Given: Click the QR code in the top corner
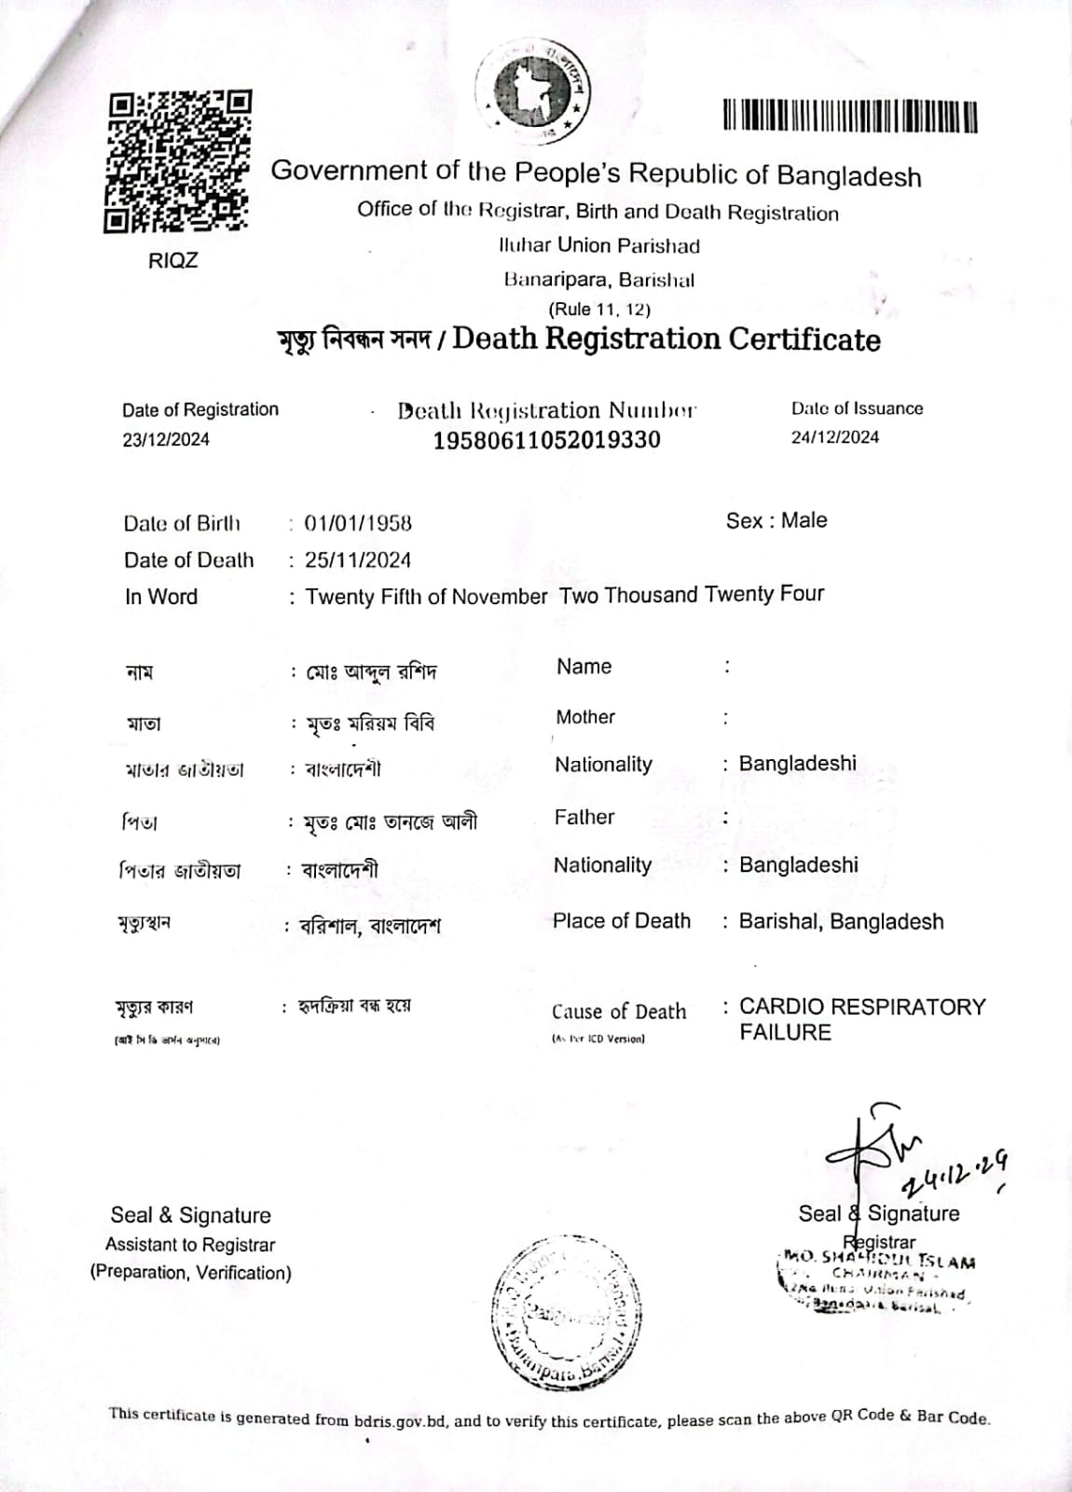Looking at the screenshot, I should point(177,161).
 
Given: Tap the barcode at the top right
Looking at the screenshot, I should point(850,116).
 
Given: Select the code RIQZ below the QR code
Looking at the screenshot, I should point(173,260).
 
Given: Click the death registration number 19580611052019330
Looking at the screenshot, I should point(546,440).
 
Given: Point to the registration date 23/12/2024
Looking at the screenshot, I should point(166,439).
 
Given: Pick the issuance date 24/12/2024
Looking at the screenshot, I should point(834,437).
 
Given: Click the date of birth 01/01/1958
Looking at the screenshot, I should point(358,523).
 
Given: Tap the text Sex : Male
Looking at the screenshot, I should point(777,520).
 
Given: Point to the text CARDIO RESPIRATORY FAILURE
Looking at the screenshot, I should point(861,1019).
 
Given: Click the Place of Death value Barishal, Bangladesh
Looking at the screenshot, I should point(841,921).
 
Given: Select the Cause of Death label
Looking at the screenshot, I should point(619,1012).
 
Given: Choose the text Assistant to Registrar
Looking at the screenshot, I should point(190,1245).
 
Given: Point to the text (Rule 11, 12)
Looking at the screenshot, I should point(599,310).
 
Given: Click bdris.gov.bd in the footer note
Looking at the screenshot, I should point(401,1421).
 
